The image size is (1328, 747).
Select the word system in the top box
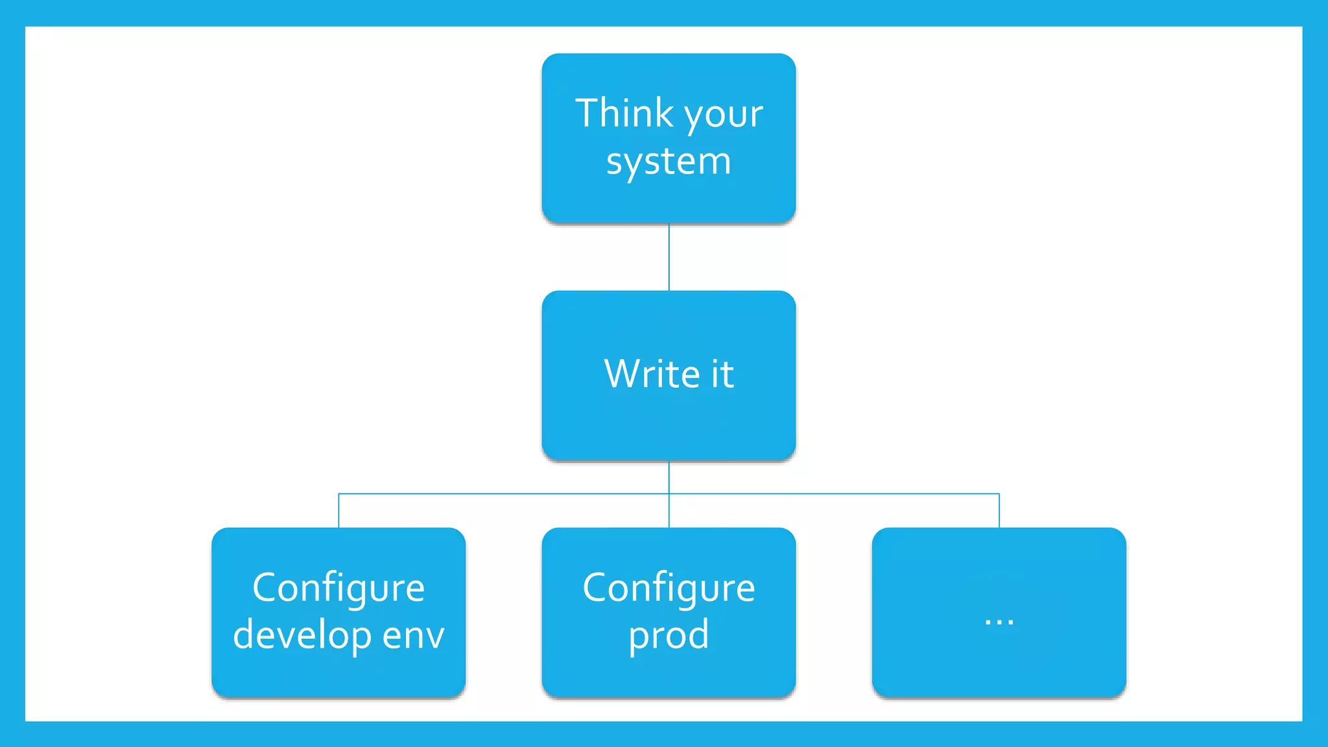click(669, 162)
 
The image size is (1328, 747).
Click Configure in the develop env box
click(338, 589)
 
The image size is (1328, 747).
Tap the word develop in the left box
click(302, 635)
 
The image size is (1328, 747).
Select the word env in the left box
click(413, 635)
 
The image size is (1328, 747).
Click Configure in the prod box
click(669, 589)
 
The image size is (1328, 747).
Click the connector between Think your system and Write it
click(669, 257)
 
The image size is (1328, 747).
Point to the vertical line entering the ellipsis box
click(999, 511)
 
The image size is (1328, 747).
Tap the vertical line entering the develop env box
click(338, 511)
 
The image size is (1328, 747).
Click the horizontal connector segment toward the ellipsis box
click(836, 493)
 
